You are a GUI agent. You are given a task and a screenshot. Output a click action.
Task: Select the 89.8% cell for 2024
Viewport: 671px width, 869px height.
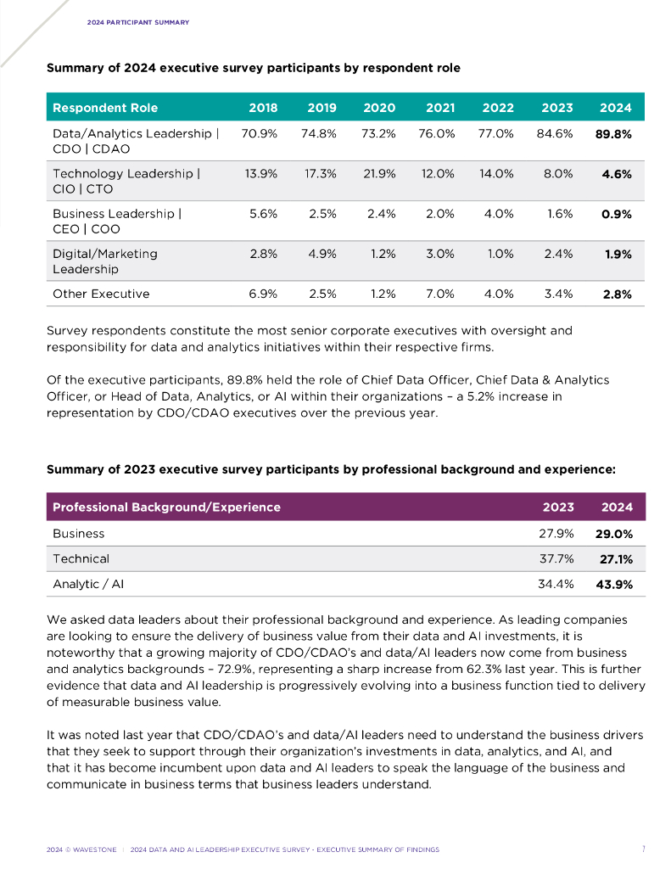tap(615, 133)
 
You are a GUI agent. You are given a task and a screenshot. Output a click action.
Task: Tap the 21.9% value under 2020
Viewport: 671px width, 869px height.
tap(379, 173)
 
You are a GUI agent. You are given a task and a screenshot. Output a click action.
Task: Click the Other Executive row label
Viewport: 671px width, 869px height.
tap(101, 294)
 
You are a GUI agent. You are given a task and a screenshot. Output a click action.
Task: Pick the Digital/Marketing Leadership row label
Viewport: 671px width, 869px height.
tap(105, 261)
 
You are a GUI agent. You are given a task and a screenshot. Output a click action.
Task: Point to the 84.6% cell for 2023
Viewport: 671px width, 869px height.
tap(556, 133)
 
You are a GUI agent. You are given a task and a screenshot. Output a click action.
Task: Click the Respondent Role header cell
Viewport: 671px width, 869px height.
tap(105, 108)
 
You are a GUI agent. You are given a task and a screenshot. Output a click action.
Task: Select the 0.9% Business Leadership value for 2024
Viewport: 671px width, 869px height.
tap(616, 214)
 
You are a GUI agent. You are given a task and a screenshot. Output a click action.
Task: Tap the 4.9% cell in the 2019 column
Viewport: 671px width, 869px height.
tap(322, 253)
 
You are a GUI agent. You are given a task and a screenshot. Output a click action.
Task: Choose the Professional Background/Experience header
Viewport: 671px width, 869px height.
tap(166, 507)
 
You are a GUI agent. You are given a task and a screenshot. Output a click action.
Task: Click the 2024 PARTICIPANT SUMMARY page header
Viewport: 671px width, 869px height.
tap(137, 22)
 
